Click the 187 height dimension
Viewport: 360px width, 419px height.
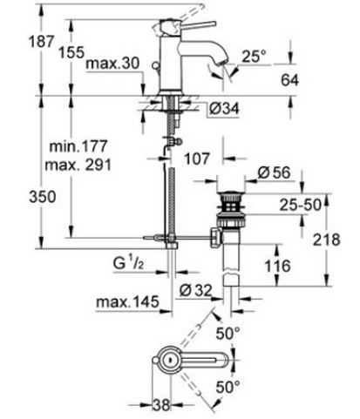41,41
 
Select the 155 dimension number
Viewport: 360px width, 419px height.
71,52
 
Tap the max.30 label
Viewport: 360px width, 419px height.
113,63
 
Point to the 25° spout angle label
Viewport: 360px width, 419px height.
254,56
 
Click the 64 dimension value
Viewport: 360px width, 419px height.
289,80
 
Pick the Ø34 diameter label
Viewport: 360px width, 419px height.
224,109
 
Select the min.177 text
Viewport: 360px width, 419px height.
78,146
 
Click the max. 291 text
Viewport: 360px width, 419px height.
78,165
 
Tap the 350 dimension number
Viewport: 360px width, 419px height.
43,197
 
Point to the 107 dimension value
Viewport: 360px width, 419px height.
197,159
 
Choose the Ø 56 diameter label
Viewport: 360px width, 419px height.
274,172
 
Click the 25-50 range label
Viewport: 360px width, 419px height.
301,205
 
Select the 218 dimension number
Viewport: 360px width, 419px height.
326,240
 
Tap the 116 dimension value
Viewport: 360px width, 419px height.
277,266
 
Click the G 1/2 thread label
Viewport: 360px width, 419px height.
128,263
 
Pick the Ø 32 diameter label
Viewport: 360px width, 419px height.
195,289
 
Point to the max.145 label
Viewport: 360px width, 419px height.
127,302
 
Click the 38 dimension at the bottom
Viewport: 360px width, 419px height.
161,405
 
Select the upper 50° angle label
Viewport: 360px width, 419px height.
228,333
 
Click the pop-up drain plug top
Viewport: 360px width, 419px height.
232,193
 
